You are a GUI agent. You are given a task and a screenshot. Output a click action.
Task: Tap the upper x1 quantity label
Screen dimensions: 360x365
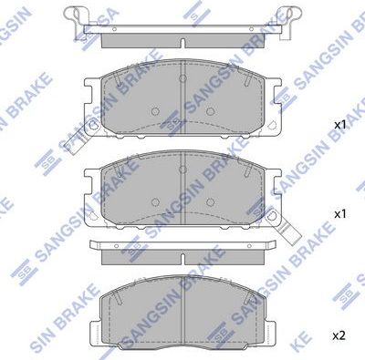[x=338, y=123]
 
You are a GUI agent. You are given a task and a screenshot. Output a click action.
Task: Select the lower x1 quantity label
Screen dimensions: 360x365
[x=338, y=213]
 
